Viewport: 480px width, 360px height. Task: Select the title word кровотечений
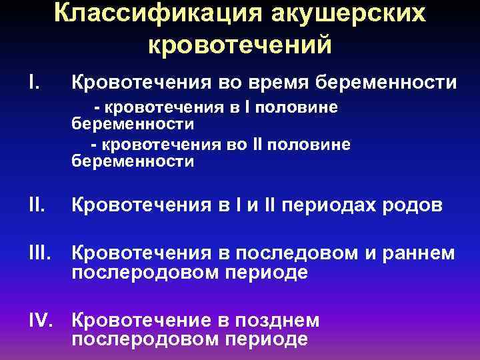(239, 45)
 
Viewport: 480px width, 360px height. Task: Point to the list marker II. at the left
(36, 206)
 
